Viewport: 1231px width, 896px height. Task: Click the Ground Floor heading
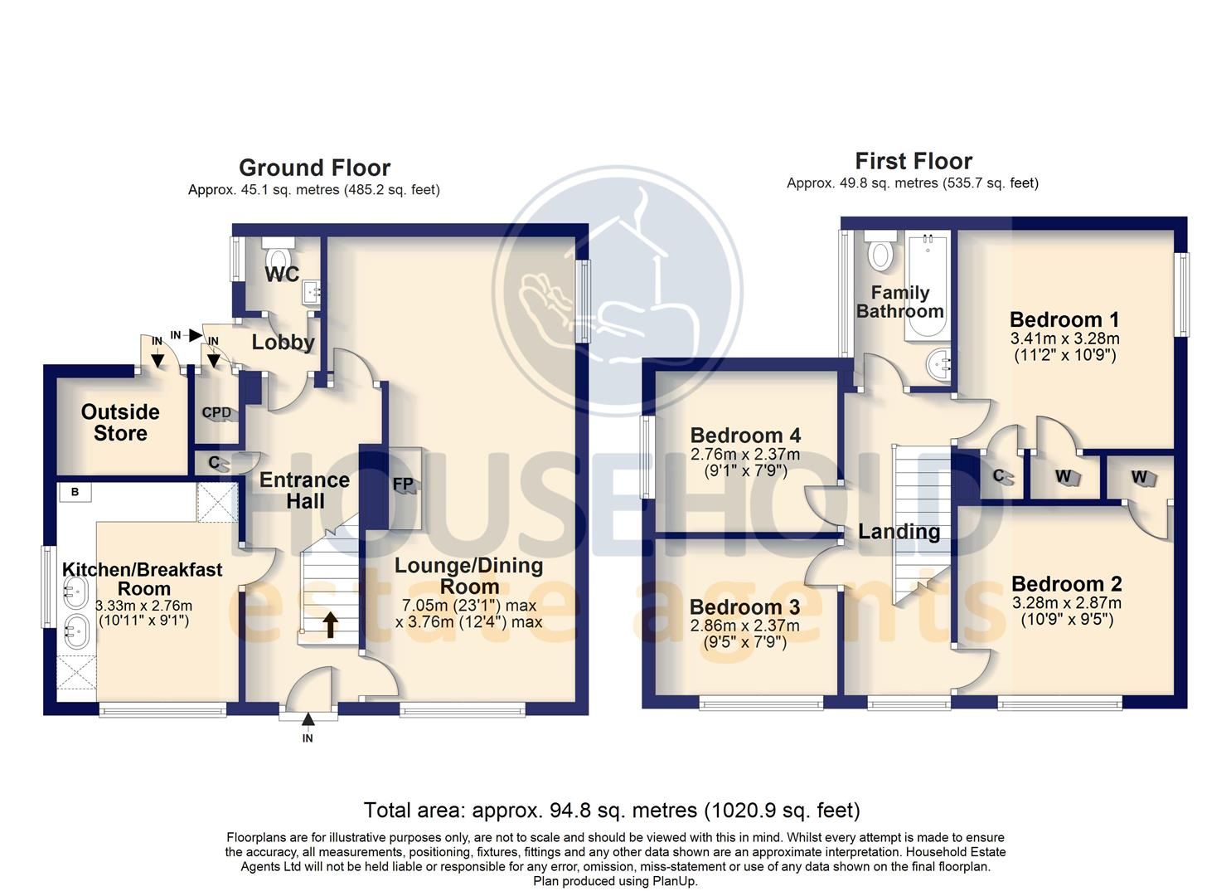pyautogui.click(x=314, y=168)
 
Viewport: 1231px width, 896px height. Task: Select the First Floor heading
pyautogui.click(x=914, y=161)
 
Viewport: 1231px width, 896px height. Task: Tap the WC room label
pyautogui.click(x=282, y=275)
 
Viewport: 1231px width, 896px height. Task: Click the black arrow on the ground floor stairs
pyautogui.click(x=330, y=625)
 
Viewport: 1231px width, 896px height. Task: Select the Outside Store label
pyautogui.click(x=120, y=422)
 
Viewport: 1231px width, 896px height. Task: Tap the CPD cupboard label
pyautogui.click(x=216, y=412)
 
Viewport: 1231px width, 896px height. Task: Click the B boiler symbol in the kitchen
pyautogui.click(x=75, y=492)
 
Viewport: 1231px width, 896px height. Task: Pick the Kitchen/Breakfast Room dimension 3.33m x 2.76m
pyautogui.click(x=143, y=606)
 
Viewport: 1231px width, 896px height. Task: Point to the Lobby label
pyautogui.click(x=283, y=342)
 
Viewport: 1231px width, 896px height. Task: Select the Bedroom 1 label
pyautogui.click(x=1064, y=319)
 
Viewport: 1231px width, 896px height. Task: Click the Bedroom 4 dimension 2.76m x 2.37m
pyautogui.click(x=745, y=455)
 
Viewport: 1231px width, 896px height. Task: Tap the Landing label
pyautogui.click(x=899, y=532)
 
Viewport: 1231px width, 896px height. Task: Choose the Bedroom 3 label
pyautogui.click(x=744, y=606)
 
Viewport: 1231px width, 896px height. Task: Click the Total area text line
pyautogui.click(x=612, y=810)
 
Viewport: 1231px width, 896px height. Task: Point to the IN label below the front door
pyautogui.click(x=308, y=738)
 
